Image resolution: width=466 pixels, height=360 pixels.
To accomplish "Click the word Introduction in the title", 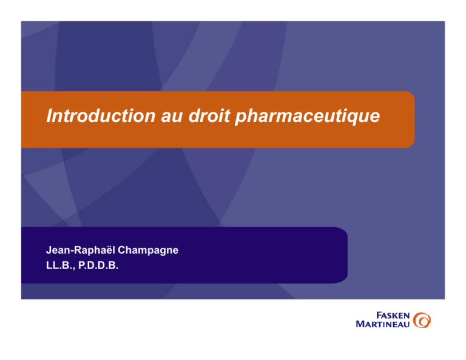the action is click(x=101, y=115).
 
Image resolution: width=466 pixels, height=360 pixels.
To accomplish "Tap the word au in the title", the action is click(x=172, y=116).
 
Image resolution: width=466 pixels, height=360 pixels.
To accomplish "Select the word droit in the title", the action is click(x=209, y=115).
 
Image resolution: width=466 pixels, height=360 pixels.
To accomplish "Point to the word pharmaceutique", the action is click(x=308, y=117).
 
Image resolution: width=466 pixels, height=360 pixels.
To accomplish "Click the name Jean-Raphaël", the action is click(x=81, y=250).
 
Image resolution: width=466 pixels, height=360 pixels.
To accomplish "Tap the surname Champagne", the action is click(x=148, y=251).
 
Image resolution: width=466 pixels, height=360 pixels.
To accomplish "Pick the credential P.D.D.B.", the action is click(x=98, y=265).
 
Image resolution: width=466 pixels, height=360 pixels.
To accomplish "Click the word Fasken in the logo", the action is click(x=393, y=316).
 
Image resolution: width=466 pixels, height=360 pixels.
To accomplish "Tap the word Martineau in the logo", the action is click(x=383, y=324).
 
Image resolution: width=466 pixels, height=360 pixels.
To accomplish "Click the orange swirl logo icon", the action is click(x=422, y=320).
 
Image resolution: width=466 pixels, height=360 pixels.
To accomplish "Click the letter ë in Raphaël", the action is click(x=109, y=250).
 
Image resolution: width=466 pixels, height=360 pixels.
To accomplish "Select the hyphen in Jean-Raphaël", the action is click(x=72, y=251).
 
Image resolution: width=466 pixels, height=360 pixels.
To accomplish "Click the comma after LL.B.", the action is click(x=73, y=268).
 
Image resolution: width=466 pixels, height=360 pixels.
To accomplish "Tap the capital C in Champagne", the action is click(x=122, y=250).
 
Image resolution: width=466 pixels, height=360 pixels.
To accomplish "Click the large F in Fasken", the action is click(x=379, y=316).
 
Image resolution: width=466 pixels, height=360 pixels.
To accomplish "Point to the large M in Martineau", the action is click(x=360, y=324).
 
